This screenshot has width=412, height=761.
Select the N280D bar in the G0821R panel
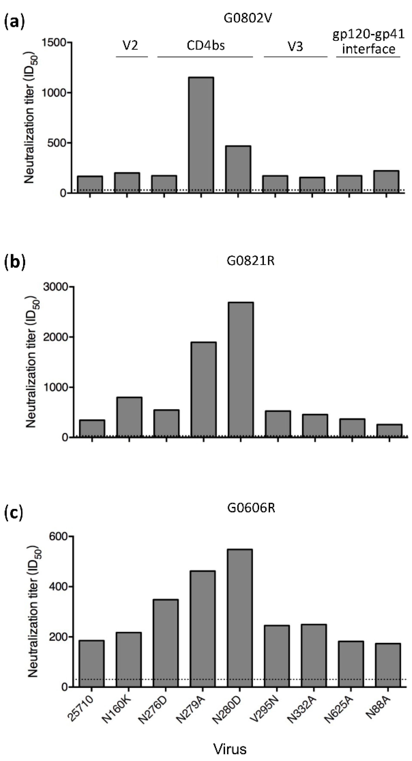pos(240,369)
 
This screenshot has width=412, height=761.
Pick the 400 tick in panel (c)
pos(59,587)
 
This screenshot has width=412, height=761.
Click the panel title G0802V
pos(248,18)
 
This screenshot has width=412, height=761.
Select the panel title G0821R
pos(251,261)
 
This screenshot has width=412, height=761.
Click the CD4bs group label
pos(206,46)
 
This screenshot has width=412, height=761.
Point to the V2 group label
pos(130,46)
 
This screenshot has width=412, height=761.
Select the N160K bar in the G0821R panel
pos(129,417)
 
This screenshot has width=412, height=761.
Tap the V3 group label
pos(295,47)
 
